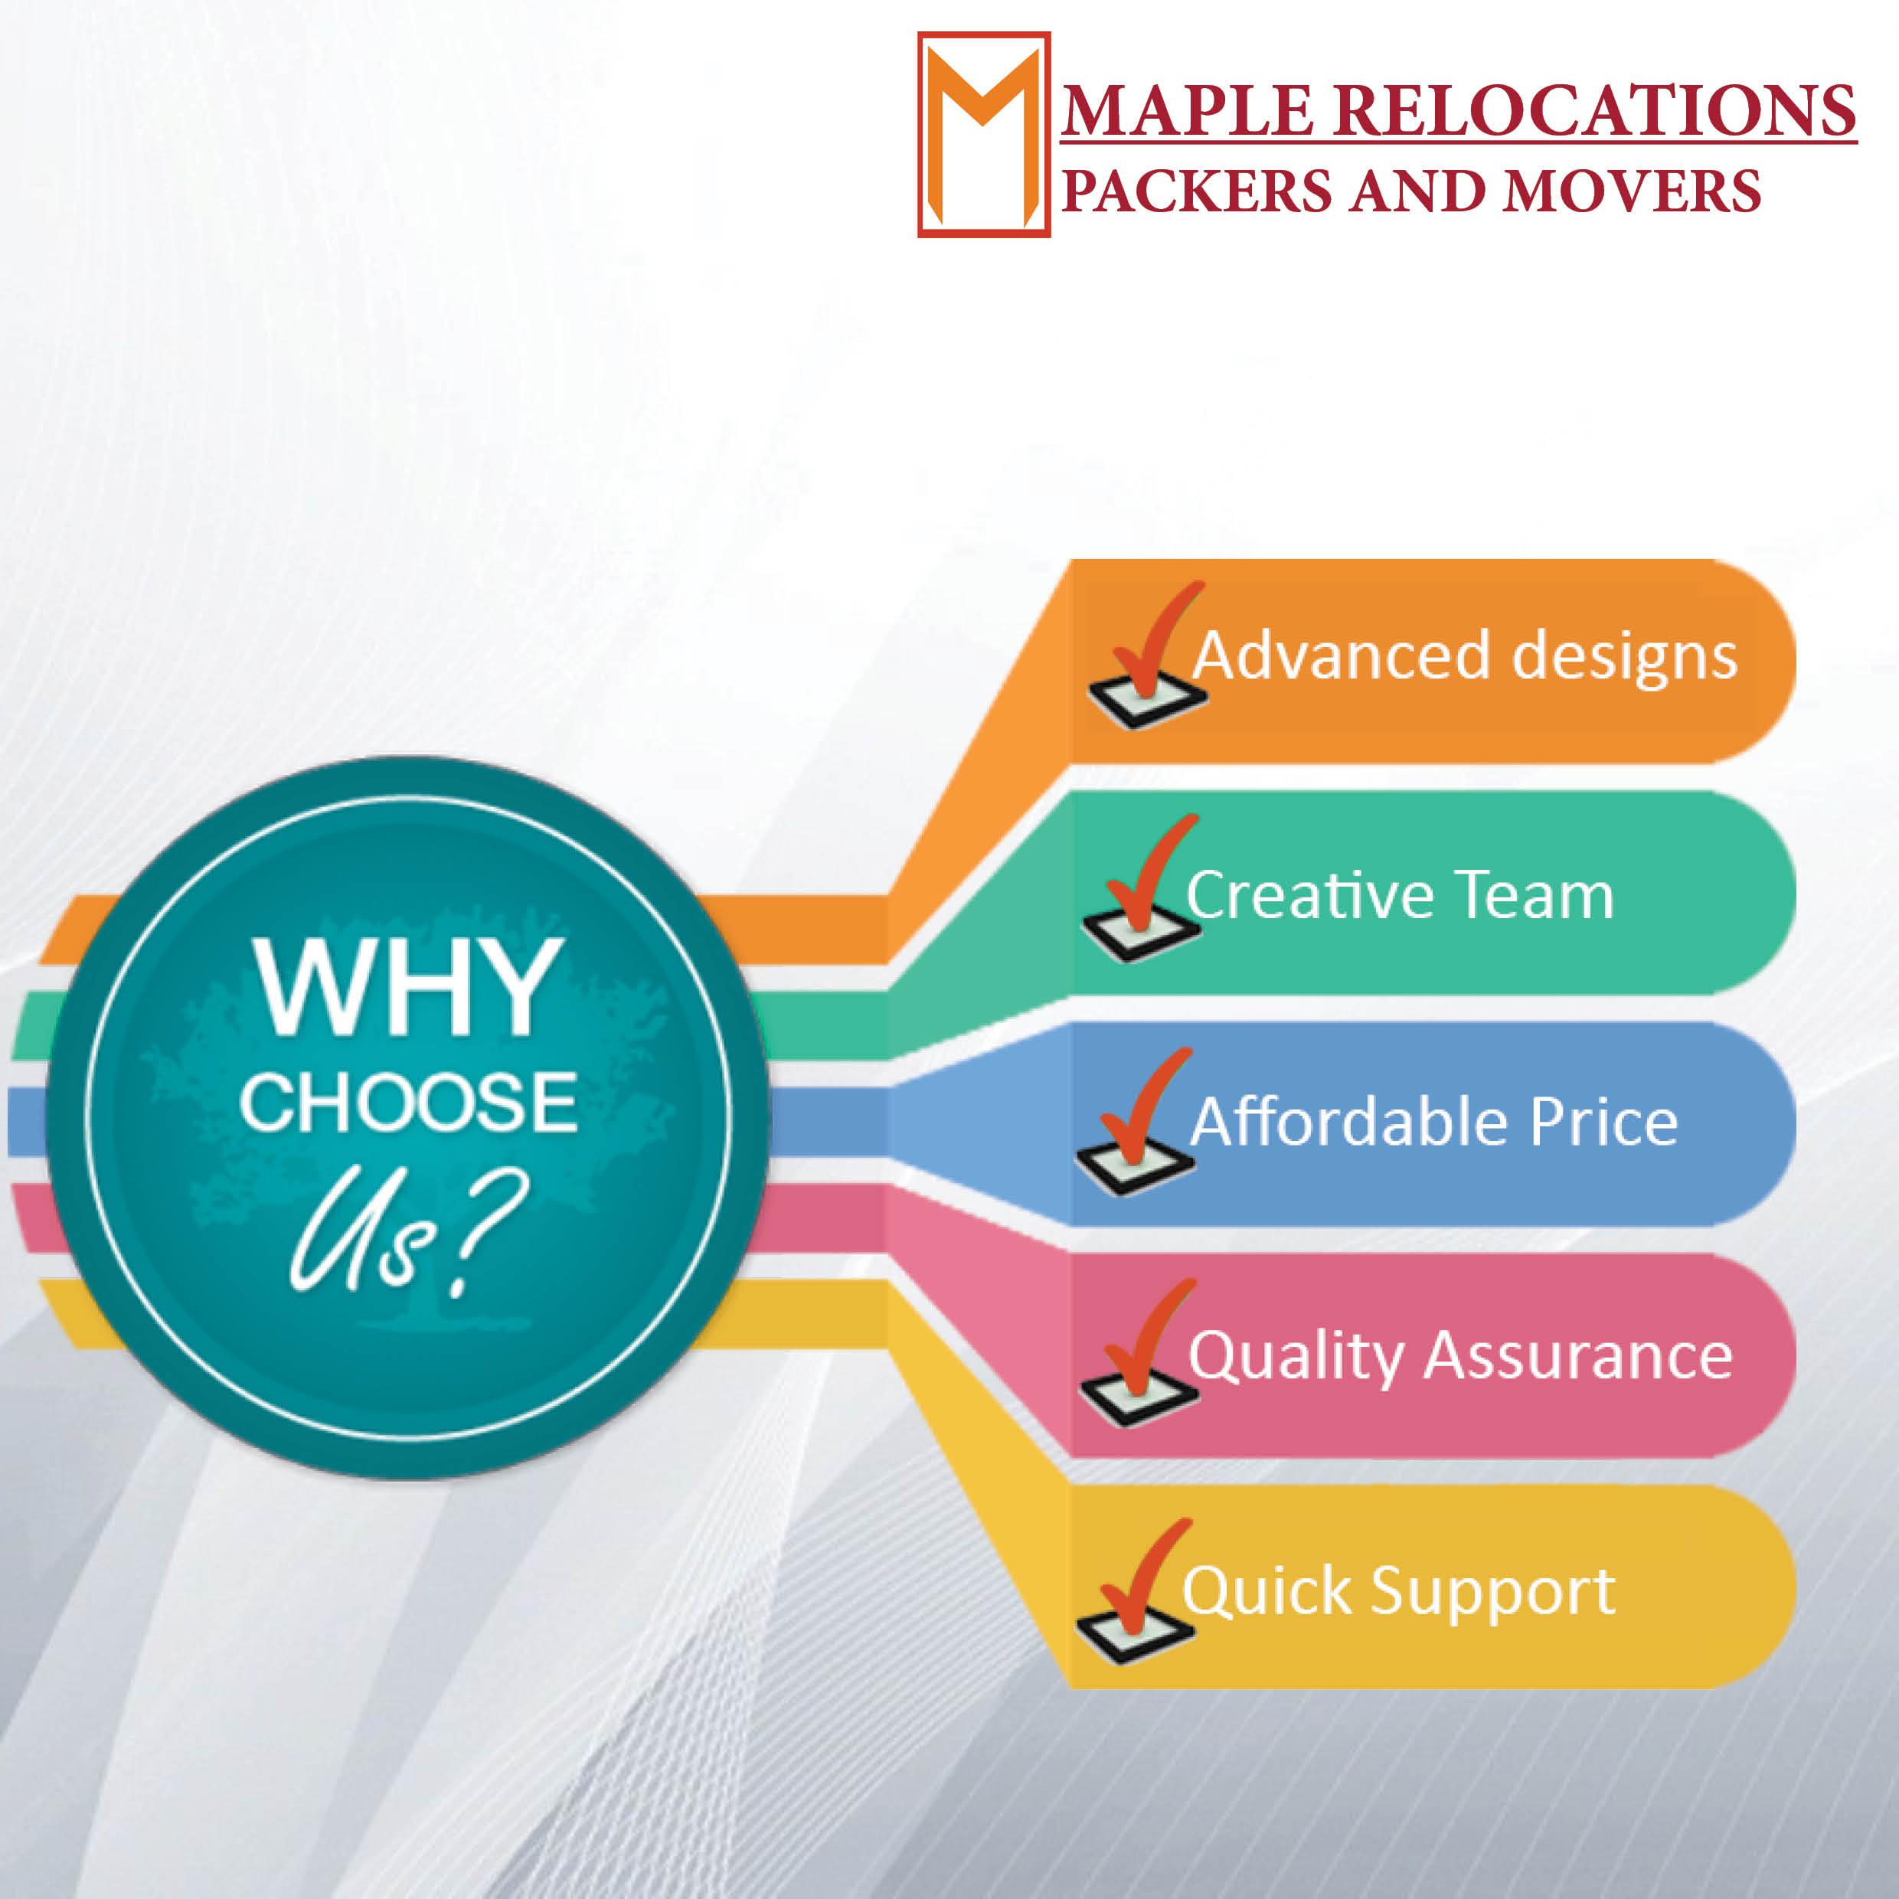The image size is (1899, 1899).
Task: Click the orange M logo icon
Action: coord(984,135)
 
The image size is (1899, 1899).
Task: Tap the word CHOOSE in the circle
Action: coord(409,1102)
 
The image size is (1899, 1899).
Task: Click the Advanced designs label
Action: coord(1465,655)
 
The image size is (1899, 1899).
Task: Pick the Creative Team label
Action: coord(1400,894)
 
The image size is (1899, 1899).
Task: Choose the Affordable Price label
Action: coord(1434,1122)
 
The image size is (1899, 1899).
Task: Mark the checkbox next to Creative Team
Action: coord(1140,933)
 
